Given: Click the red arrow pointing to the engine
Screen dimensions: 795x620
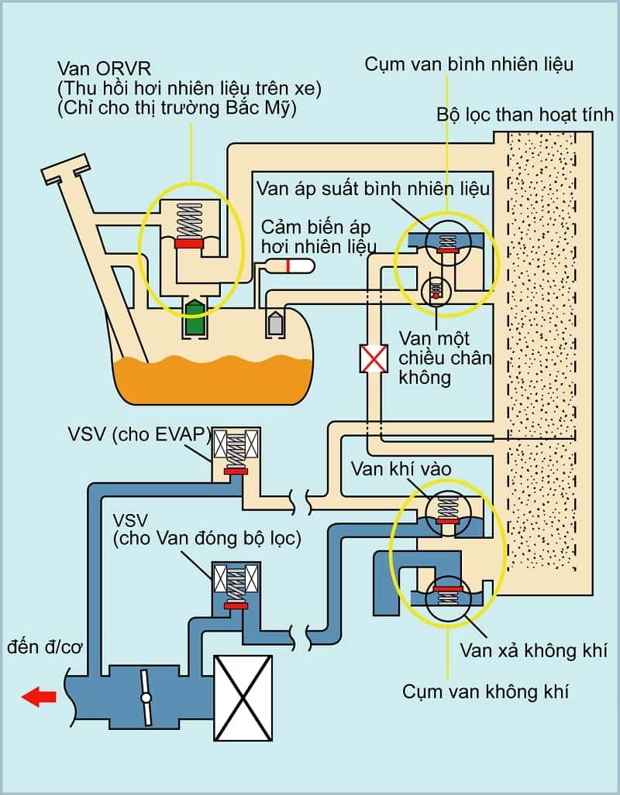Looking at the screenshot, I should point(39,697).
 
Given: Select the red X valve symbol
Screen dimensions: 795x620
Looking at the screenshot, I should point(374,358).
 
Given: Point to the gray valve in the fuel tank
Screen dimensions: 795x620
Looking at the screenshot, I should point(275,322).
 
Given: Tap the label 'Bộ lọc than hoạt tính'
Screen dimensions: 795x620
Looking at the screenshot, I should point(525,116).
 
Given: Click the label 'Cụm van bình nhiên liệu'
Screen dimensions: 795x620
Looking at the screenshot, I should point(469,64).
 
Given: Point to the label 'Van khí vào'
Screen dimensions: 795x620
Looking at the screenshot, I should point(401,468).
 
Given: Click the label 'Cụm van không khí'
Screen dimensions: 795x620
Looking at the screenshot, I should point(485,691).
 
